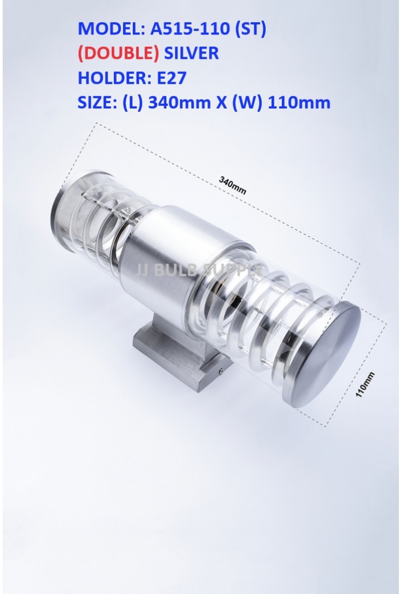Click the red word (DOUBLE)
(x=119, y=53)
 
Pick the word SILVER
(x=191, y=53)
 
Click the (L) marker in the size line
(x=132, y=102)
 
